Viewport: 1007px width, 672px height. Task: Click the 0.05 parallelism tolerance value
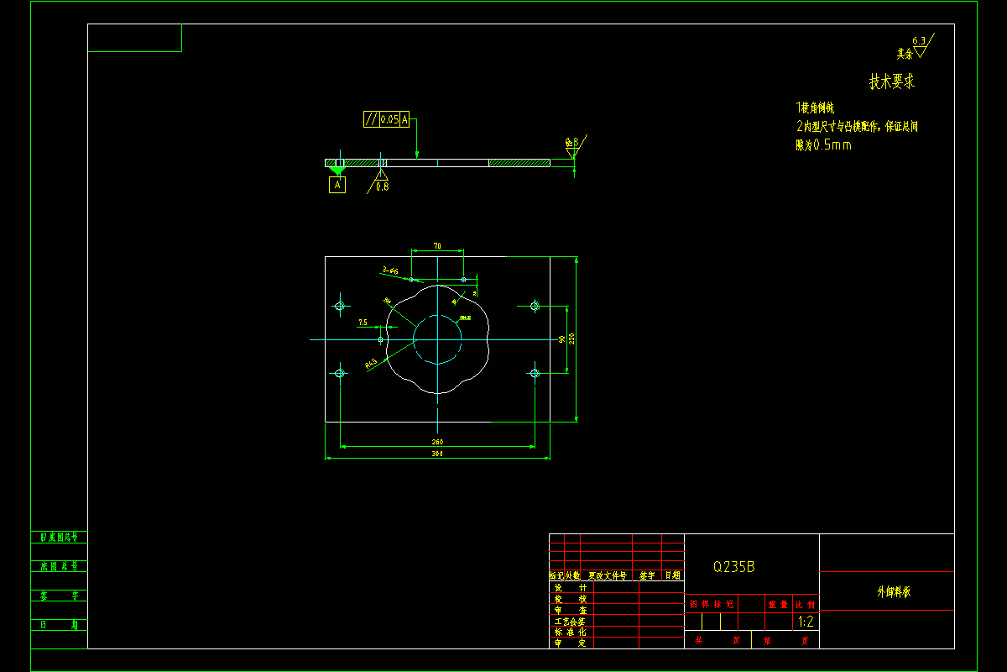(389, 120)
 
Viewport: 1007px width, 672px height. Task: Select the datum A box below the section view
(337, 185)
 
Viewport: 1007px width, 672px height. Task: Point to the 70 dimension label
(437, 246)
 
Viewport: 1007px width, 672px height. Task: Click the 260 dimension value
(437, 442)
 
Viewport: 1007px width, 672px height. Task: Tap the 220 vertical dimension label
(571, 339)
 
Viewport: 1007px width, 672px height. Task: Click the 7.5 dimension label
(363, 322)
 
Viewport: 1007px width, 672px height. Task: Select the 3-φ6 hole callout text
(390, 270)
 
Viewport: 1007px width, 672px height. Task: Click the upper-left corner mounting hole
(340, 306)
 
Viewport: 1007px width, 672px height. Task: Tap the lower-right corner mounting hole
(535, 373)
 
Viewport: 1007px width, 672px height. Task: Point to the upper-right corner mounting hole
(535, 306)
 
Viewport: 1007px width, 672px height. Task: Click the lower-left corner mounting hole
(340, 373)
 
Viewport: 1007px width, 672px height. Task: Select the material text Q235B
(733, 567)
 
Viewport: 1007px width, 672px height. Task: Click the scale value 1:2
(806, 622)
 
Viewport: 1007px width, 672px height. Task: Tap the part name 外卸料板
(893, 592)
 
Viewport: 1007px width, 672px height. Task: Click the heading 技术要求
(891, 82)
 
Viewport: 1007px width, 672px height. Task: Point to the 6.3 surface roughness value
(918, 40)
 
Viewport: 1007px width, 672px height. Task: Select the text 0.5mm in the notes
(832, 145)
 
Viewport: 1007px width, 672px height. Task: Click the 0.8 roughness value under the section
(382, 186)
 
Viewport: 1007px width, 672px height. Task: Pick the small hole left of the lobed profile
(381, 339)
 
